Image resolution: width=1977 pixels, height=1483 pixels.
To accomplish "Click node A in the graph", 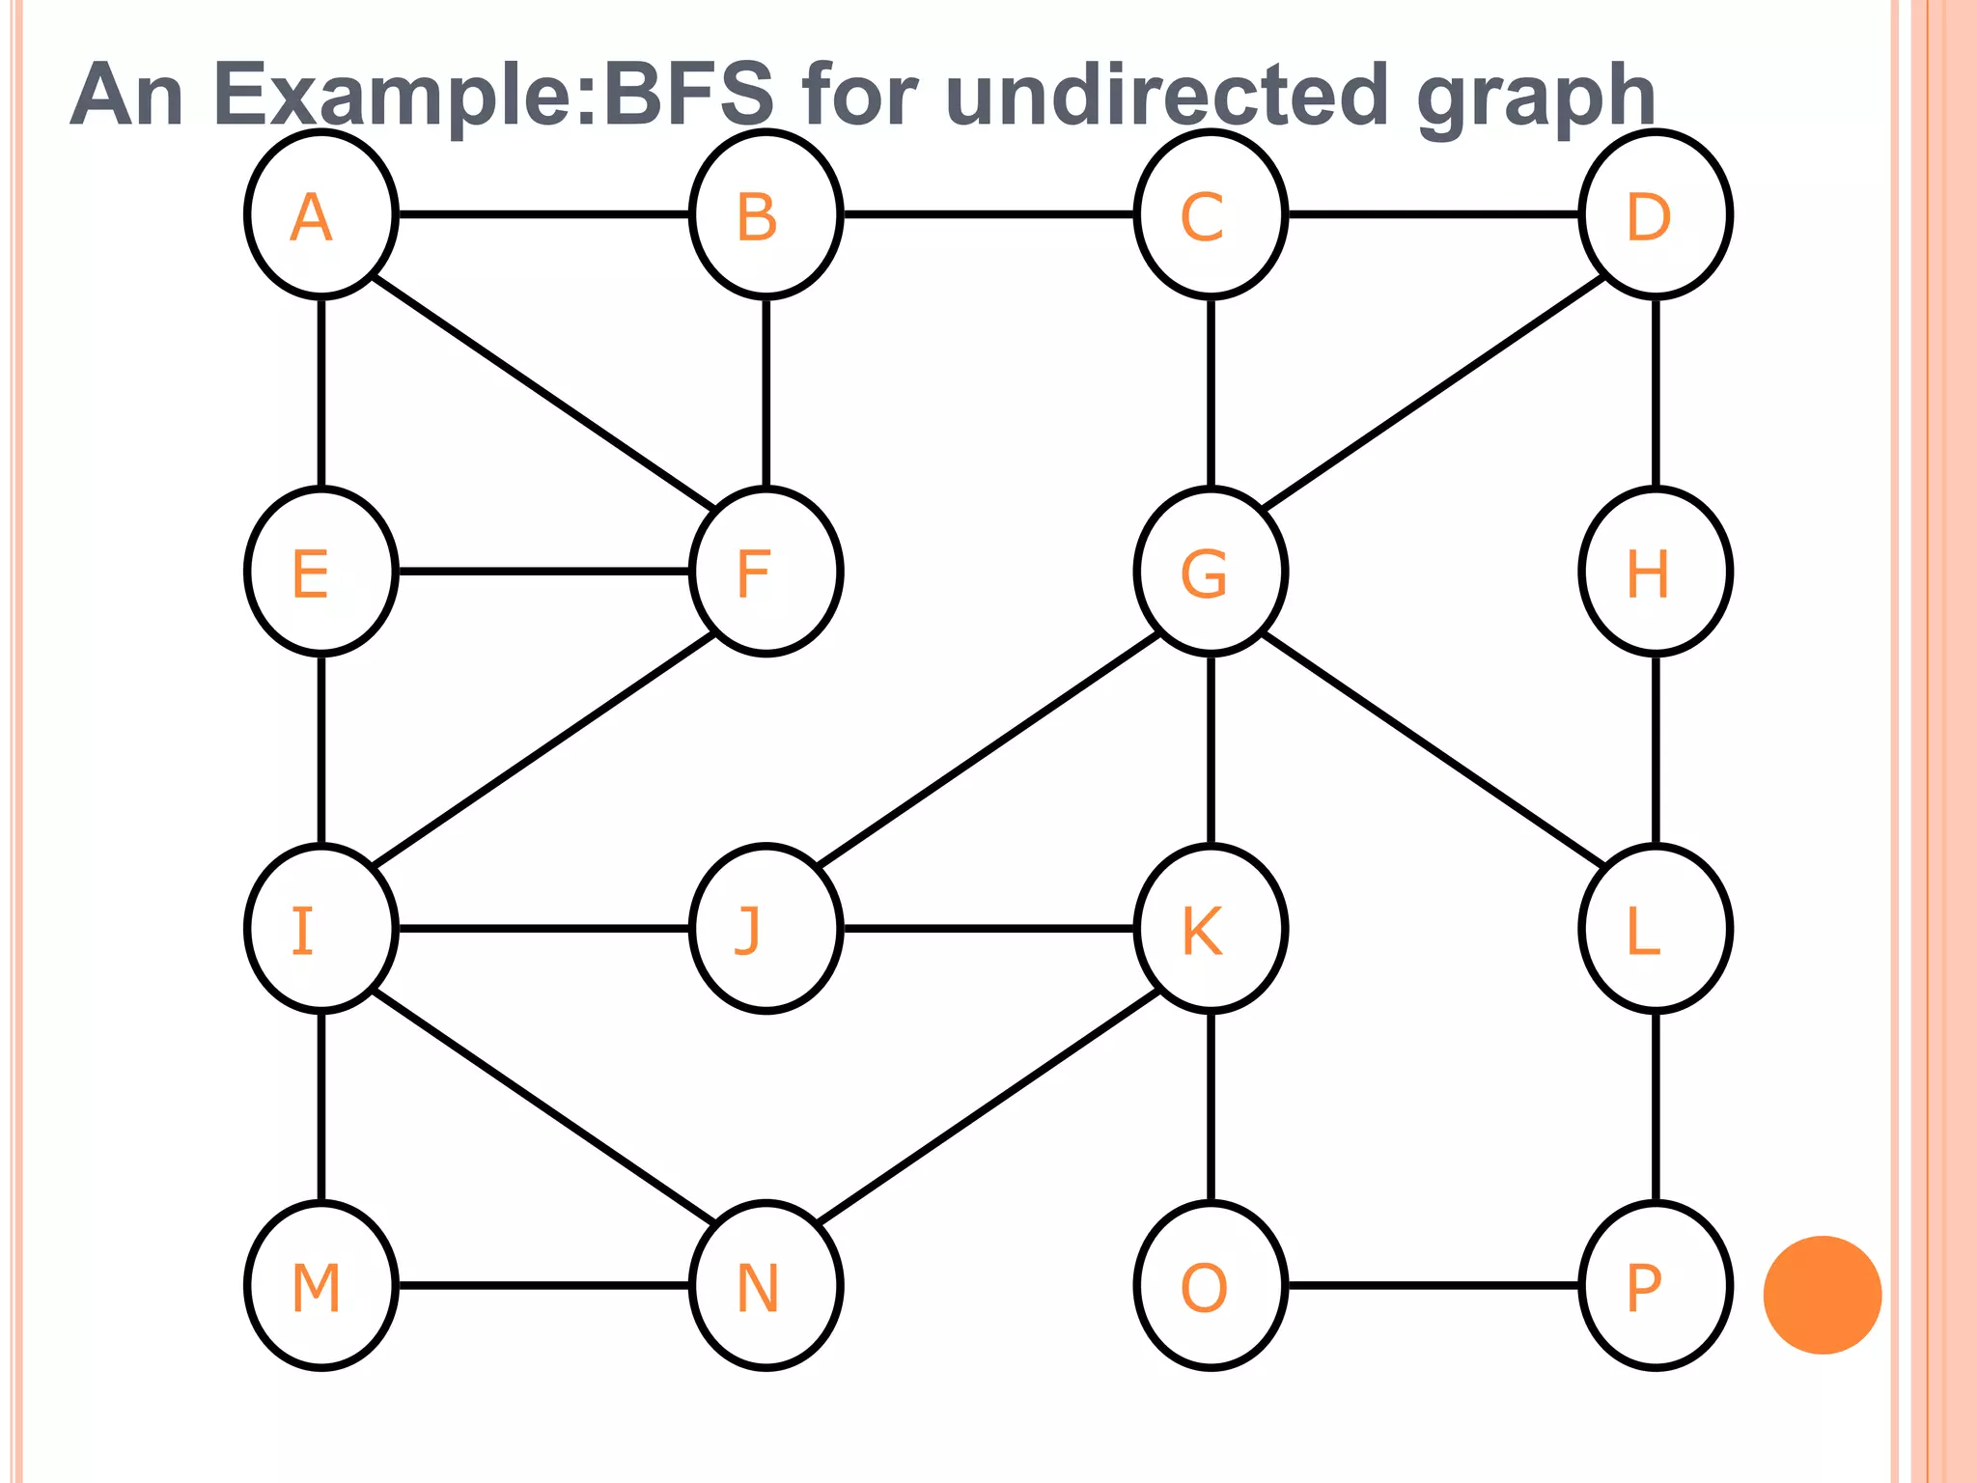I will point(321,214).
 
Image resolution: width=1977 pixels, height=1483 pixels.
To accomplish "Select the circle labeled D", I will point(1656,214).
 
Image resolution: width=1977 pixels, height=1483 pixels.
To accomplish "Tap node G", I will point(1211,572).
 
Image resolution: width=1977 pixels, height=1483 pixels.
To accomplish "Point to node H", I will point(1656,572).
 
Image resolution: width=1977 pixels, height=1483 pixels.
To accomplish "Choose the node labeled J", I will point(766,929).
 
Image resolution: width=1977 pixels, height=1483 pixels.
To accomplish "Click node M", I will point(321,1286).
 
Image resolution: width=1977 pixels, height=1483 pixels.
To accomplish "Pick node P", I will point(1656,1286).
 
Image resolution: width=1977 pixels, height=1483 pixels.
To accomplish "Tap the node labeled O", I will point(1211,1286).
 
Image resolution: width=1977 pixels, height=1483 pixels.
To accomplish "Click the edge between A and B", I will point(543,214).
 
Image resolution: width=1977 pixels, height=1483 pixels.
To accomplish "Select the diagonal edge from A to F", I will point(543,393).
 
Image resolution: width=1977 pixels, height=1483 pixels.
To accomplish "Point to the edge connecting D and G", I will point(1434,393).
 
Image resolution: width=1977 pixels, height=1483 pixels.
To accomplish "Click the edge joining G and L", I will point(1434,750).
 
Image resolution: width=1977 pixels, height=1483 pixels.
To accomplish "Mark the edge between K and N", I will point(988,1107).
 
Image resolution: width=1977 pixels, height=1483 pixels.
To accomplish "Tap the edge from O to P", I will point(1434,1286).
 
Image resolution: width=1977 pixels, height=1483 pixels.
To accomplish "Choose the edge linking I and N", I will point(543,1107).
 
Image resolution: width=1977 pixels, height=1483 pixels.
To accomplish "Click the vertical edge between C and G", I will point(1211,393).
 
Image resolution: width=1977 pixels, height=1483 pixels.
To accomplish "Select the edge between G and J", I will point(988,750).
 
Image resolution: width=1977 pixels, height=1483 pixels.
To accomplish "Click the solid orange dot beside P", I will point(1823,1295).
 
